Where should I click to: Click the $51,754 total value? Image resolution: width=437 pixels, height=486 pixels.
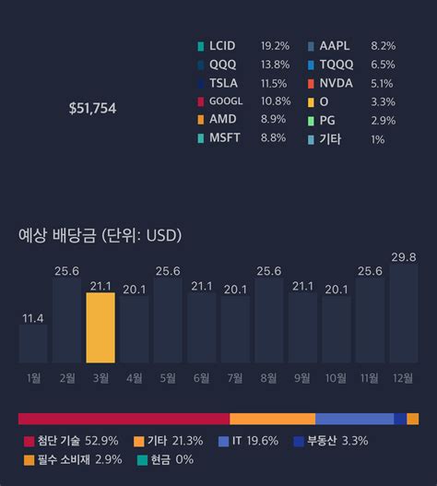(x=92, y=109)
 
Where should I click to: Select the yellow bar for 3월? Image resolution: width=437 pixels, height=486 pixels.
(x=100, y=327)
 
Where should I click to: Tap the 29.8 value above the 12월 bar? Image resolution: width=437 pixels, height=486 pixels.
(x=403, y=256)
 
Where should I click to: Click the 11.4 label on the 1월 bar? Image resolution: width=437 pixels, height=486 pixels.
(x=33, y=318)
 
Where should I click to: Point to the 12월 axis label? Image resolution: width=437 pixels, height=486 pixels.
(x=403, y=377)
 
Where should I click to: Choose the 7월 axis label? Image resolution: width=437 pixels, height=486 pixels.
(x=235, y=377)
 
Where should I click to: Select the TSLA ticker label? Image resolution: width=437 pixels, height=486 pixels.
(x=224, y=83)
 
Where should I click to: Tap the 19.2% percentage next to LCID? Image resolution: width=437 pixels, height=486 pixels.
(x=275, y=45)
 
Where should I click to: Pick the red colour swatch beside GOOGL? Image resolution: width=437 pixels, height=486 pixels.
(x=201, y=101)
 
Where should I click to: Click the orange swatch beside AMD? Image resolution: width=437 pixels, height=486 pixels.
(x=201, y=120)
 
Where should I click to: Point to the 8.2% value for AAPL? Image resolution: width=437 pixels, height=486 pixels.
(x=383, y=45)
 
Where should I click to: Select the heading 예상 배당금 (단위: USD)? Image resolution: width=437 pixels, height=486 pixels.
(x=100, y=235)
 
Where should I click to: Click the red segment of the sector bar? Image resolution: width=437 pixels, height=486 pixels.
(x=124, y=419)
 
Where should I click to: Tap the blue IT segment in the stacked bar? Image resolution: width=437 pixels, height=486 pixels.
(x=354, y=419)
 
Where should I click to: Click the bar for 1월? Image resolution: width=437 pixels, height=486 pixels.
(x=33, y=343)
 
